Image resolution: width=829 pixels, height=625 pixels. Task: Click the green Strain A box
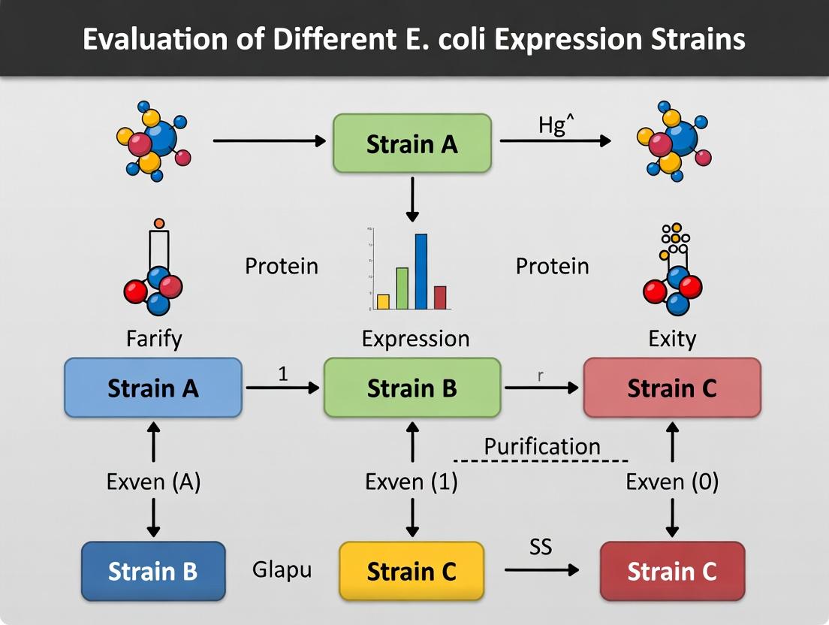[411, 143]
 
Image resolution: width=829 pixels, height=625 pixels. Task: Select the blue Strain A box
[153, 388]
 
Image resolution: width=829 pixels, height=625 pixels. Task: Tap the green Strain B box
[411, 388]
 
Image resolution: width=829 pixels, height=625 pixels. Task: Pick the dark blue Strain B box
[153, 571]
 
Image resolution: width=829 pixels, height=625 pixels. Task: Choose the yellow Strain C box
[411, 571]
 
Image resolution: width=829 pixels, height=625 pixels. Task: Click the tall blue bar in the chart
[421, 272]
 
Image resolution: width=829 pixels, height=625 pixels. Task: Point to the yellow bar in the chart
[383, 301]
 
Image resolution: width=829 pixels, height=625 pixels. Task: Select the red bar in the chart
[440, 297]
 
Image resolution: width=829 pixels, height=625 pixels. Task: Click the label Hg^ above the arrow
[556, 125]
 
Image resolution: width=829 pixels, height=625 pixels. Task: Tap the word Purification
[542, 446]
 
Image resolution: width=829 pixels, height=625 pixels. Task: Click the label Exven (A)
[153, 482]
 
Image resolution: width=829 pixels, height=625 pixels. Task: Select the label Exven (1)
[411, 482]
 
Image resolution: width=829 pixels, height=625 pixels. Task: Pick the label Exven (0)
[672, 482]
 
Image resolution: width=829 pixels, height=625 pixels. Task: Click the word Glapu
[282, 569]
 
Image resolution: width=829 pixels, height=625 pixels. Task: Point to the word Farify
[153, 339]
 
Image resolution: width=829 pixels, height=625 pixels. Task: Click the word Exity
[672, 339]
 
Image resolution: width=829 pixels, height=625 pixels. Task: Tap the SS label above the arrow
[541, 546]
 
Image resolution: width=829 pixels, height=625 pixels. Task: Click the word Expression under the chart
[415, 339]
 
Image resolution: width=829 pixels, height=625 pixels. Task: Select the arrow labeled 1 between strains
[282, 388]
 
